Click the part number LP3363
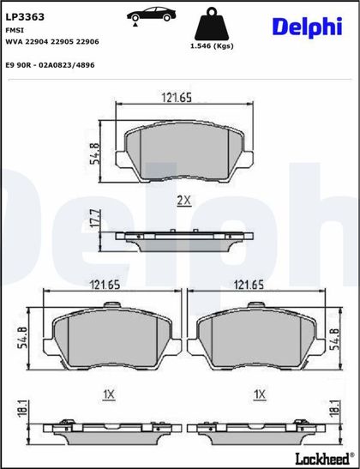point(25,17)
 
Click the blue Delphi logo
point(307,27)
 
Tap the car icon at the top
point(152,15)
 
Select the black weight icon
point(212,24)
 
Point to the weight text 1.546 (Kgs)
point(212,46)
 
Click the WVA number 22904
point(36,42)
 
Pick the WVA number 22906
point(87,42)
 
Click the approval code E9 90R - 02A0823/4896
point(50,65)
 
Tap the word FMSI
point(15,30)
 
